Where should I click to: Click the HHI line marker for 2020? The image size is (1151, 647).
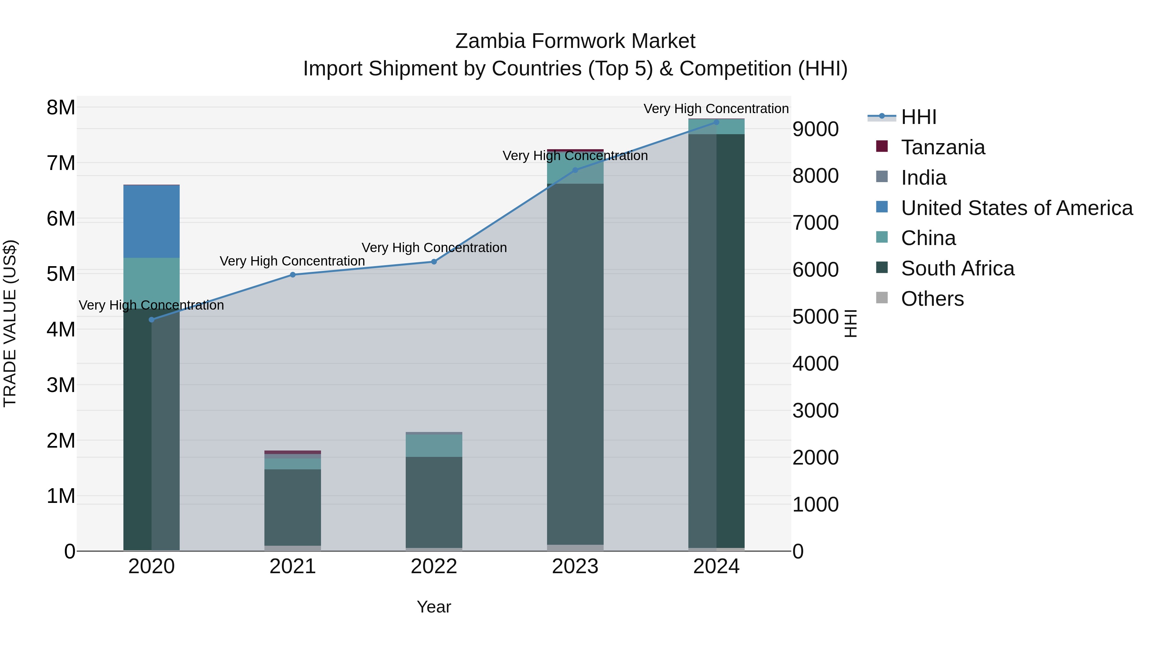click(x=152, y=320)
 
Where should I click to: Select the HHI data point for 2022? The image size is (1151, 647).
click(x=434, y=262)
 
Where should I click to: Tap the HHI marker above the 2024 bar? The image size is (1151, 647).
click(x=716, y=122)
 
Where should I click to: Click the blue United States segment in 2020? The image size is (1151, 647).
click(x=152, y=221)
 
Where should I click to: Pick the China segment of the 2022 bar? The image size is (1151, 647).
click(x=434, y=446)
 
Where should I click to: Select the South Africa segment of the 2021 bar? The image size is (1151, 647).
click(x=293, y=507)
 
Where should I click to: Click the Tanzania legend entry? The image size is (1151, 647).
click(x=943, y=147)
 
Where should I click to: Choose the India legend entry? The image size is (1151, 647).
click(x=924, y=178)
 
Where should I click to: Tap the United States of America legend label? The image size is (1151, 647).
click(x=1016, y=208)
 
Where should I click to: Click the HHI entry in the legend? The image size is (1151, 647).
click(x=918, y=117)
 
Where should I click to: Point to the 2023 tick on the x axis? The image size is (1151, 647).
click(x=575, y=566)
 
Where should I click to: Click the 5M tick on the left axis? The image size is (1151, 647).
click(x=61, y=274)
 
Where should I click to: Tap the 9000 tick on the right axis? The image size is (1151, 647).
click(x=815, y=129)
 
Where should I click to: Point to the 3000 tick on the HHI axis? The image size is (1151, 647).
click(x=815, y=411)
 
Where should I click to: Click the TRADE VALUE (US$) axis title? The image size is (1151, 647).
click(x=10, y=323)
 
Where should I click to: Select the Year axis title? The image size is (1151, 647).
click(x=434, y=607)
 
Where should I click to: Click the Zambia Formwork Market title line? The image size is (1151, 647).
click(x=575, y=41)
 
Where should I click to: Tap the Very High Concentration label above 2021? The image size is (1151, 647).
click(x=292, y=261)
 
